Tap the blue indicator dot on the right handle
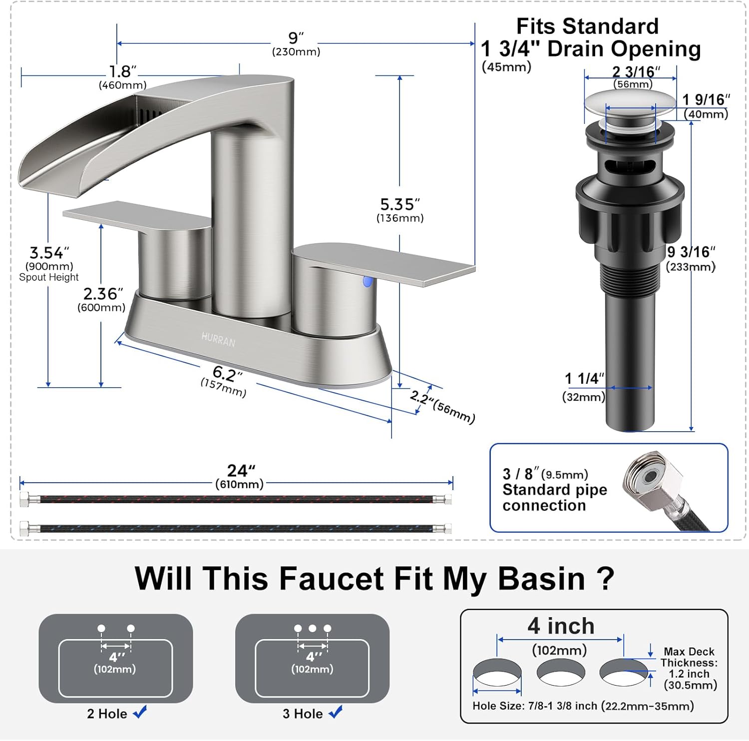(x=368, y=281)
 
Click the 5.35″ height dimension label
(x=400, y=204)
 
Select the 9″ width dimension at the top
(x=296, y=38)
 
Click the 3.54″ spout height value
(x=49, y=252)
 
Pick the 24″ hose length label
(x=241, y=470)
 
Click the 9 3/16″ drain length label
(x=691, y=252)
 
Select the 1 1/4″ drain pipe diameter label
(x=584, y=379)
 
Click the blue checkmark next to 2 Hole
(x=140, y=712)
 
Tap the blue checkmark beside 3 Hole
(x=336, y=712)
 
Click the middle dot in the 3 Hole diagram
(x=313, y=628)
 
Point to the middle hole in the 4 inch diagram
(x=561, y=672)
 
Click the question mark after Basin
(x=605, y=579)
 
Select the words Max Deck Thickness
(x=689, y=657)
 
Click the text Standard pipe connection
(x=555, y=497)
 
